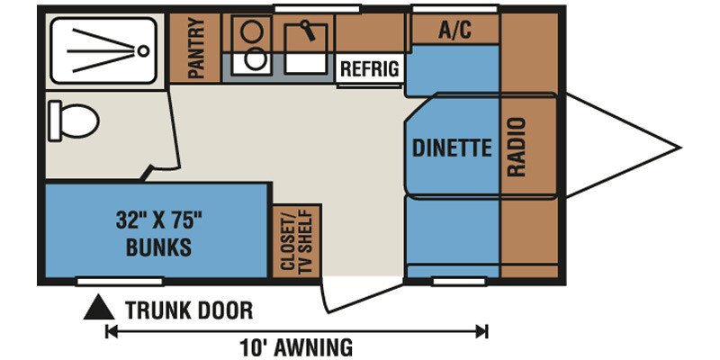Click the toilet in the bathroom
74,121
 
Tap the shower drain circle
144,50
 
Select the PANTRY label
196,49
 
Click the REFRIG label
369,69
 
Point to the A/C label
454,31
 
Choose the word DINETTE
452,148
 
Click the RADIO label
516,147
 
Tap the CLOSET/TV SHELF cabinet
297,241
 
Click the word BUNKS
158,247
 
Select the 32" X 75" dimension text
159,222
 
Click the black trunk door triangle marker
99,308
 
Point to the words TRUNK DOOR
189,310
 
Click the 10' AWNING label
296,346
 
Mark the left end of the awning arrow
106,330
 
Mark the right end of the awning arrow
487,330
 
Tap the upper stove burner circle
251,32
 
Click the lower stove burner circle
254,60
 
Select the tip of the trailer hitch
680,148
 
